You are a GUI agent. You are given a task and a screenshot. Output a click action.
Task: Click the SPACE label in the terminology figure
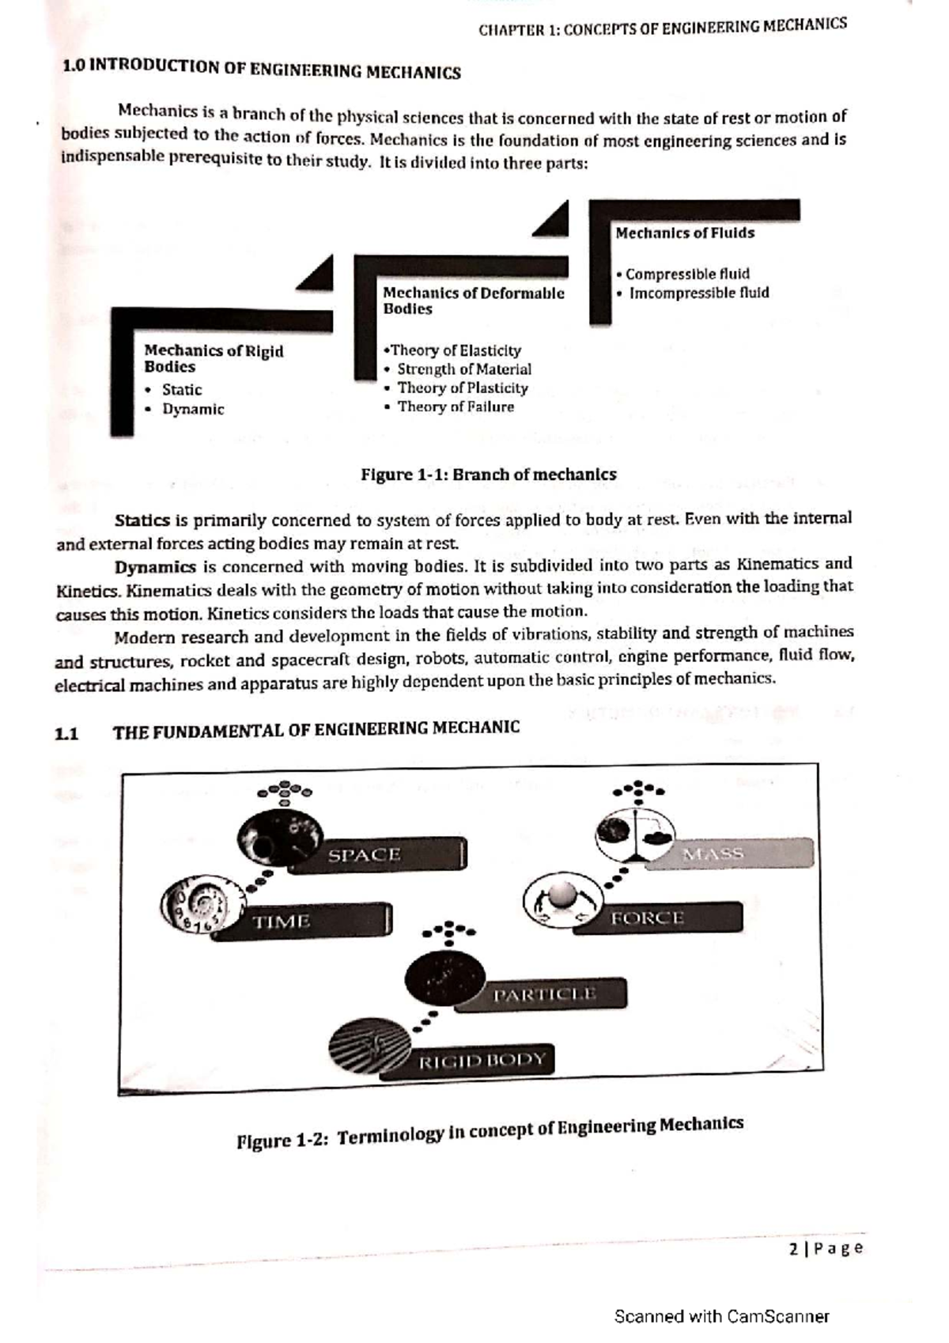(x=365, y=855)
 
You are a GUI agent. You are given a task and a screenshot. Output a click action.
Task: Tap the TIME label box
(x=282, y=921)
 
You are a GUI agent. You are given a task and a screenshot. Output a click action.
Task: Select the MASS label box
(x=713, y=853)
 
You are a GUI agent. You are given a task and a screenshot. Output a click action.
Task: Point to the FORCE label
(x=647, y=918)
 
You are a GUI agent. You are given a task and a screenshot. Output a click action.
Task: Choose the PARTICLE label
(x=544, y=994)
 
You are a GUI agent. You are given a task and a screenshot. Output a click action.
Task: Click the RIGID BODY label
(x=482, y=1060)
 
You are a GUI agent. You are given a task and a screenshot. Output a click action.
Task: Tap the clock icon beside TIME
(x=194, y=905)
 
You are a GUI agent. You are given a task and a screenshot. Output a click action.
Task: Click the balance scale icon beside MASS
(x=635, y=838)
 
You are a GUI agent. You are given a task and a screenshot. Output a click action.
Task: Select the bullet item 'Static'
(x=181, y=390)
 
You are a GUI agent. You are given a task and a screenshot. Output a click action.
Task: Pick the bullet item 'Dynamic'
(x=193, y=410)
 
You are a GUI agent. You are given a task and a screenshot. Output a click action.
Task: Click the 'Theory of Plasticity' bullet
(x=462, y=388)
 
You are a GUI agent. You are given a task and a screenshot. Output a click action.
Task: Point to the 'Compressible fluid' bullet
(x=686, y=274)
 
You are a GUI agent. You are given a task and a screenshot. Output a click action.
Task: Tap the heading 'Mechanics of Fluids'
(x=685, y=233)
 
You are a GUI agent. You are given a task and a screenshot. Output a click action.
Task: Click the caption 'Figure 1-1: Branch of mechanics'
(x=488, y=475)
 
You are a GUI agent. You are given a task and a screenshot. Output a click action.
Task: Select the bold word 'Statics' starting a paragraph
(x=142, y=521)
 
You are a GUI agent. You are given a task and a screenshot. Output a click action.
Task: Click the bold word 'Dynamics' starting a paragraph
(x=155, y=567)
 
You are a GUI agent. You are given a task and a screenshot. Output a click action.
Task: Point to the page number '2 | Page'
(x=825, y=1248)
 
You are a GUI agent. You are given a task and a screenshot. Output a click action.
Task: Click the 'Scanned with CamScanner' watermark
(x=722, y=1316)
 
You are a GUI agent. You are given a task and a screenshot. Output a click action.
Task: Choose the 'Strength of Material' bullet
(x=463, y=369)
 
